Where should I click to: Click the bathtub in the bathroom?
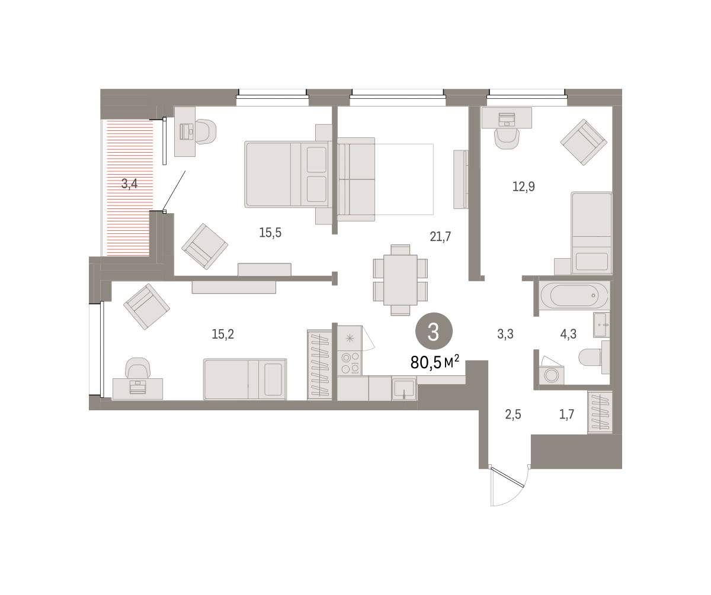click(574, 295)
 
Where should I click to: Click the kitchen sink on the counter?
click(404, 388)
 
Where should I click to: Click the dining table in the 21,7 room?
click(400, 280)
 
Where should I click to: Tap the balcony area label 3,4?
click(129, 184)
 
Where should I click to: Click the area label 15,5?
click(270, 233)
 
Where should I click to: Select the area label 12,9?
click(523, 186)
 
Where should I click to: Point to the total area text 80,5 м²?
click(435, 362)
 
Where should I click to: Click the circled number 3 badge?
click(434, 331)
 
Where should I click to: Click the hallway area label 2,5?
click(513, 414)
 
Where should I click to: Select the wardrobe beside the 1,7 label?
click(600, 412)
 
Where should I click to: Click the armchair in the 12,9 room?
click(584, 142)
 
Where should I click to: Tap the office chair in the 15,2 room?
click(137, 368)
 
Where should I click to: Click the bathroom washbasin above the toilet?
click(601, 325)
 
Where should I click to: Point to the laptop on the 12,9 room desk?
click(507, 120)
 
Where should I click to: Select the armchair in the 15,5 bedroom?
click(204, 247)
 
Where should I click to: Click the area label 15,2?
click(223, 335)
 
